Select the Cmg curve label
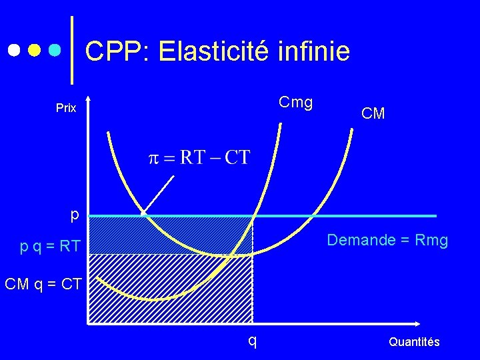[x=296, y=103]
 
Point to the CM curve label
[x=373, y=114]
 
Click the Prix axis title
[x=66, y=108]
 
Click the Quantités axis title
[x=414, y=342]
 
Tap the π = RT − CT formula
[x=199, y=158]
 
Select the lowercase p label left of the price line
[x=75, y=215]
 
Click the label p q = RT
[x=50, y=247]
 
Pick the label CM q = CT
[x=43, y=285]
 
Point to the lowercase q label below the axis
[x=252, y=340]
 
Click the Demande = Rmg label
[x=387, y=240]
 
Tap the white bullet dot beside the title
[x=13, y=51]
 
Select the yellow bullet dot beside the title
[x=35, y=51]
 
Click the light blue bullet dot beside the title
[x=56, y=51]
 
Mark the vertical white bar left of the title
[x=71, y=50]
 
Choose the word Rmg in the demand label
[x=432, y=240]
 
